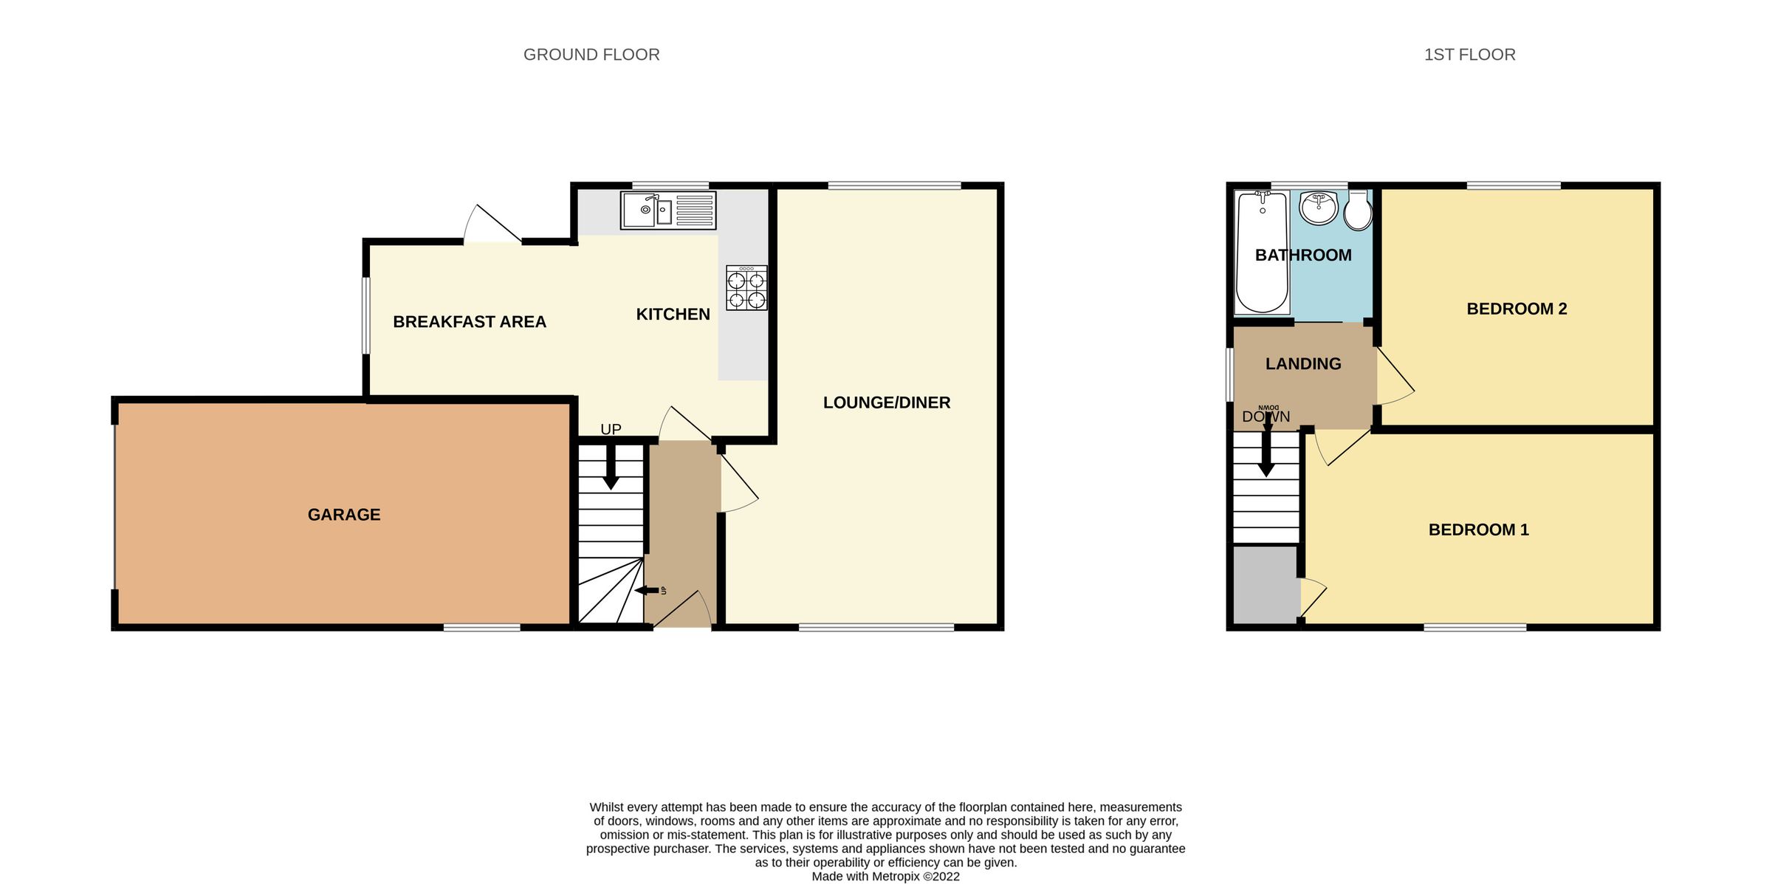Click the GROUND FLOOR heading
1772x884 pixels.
point(591,55)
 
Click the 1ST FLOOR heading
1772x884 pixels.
point(1469,55)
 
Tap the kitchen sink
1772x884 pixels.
point(667,210)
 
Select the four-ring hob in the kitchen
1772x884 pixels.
point(746,288)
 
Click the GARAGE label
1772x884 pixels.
point(344,515)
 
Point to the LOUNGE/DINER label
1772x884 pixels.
point(886,402)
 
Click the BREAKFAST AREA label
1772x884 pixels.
point(470,322)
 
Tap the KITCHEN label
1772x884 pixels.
point(673,315)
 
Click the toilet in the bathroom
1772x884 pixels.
point(1358,211)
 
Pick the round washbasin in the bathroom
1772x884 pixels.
point(1318,208)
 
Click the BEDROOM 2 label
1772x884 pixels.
point(1516,309)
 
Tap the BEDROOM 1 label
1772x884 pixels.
point(1478,530)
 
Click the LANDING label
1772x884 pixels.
point(1303,364)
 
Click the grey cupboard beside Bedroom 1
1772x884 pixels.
point(1266,584)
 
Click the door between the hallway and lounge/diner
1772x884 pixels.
point(738,484)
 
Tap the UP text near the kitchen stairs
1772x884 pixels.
point(611,429)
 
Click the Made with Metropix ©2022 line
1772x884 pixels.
point(885,877)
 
